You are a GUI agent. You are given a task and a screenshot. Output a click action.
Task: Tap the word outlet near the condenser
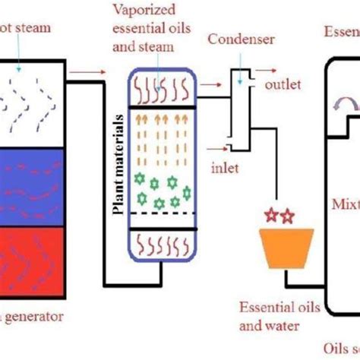click(283, 84)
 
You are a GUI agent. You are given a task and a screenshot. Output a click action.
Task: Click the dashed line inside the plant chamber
click(164, 213)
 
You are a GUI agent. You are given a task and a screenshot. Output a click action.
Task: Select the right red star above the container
click(287, 217)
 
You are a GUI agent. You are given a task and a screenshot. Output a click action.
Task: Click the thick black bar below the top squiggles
click(164, 108)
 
